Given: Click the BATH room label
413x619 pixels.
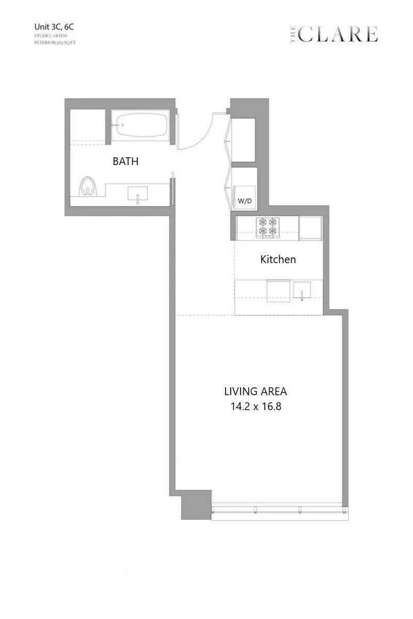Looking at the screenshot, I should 125,161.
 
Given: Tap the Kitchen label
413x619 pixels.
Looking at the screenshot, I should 278,259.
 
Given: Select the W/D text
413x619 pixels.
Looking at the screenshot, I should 245,201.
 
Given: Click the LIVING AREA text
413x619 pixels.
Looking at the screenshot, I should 256,391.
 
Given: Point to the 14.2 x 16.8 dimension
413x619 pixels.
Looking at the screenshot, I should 256,406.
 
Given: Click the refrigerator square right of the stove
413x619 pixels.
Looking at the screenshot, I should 310,227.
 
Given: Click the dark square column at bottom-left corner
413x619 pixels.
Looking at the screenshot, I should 196,504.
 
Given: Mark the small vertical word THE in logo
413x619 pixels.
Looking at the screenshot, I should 292,35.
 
